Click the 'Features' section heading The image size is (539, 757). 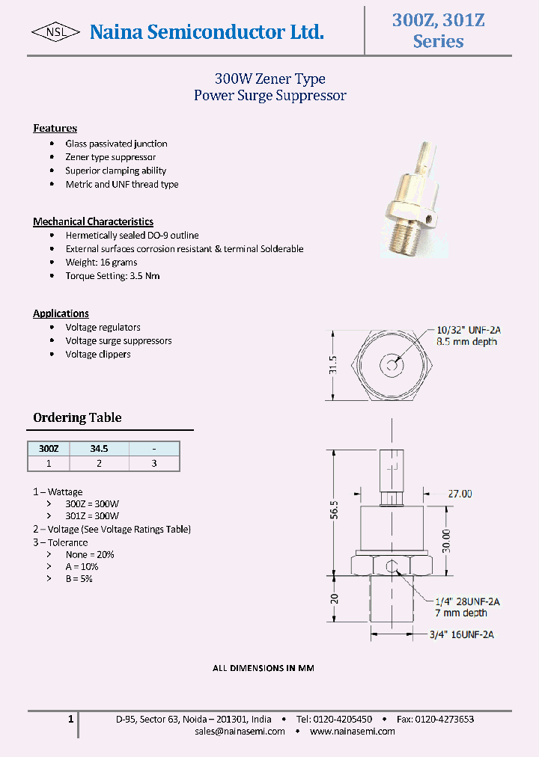[x=55, y=128]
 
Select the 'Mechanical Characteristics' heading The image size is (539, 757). [x=93, y=221]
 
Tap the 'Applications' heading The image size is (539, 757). [x=61, y=313]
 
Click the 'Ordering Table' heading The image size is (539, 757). [x=77, y=417]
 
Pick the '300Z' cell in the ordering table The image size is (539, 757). [x=49, y=449]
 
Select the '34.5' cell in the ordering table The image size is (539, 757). [x=99, y=449]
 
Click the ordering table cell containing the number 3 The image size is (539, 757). [x=154, y=463]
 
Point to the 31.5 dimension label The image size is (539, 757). [x=335, y=365]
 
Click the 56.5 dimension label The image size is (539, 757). [x=335, y=510]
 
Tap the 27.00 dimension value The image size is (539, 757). [x=460, y=494]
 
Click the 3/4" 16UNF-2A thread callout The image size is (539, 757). [x=462, y=635]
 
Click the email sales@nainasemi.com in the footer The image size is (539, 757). [x=240, y=731]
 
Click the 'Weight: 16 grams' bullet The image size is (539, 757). [x=102, y=262]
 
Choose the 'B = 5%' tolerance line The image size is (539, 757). [x=79, y=578]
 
